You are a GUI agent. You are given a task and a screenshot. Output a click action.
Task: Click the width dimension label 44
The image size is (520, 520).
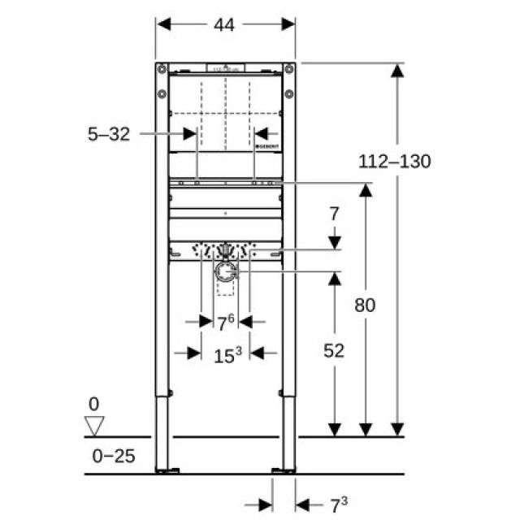click(224, 25)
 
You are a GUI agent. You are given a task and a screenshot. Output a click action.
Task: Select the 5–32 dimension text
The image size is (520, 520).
click(109, 134)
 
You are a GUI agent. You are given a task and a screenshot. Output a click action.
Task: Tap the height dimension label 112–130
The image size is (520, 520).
click(394, 161)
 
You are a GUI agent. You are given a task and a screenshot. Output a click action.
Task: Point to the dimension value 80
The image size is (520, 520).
click(365, 305)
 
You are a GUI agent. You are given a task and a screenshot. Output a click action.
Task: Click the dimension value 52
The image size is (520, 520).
click(333, 350)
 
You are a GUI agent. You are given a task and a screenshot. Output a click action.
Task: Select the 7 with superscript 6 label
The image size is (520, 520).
click(224, 322)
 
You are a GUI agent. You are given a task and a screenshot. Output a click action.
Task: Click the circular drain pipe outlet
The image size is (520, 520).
click(225, 273)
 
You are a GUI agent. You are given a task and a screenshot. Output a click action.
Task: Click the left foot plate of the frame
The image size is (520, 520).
click(167, 470)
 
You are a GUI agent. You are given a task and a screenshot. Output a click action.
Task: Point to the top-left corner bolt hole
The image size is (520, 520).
click(162, 69)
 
